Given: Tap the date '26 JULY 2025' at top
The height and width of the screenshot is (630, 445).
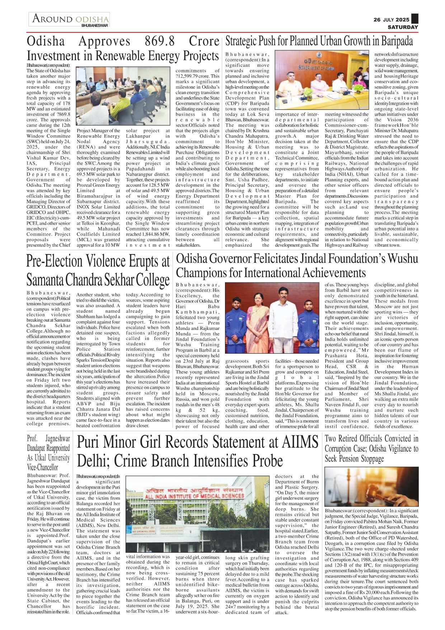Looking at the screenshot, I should point(391,20).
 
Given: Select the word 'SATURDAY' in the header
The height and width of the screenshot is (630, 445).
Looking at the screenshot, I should point(403,27).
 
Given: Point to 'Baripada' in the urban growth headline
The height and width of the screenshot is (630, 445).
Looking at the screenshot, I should point(397,41).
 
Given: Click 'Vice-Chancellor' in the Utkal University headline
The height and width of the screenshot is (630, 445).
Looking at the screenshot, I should point(42,467).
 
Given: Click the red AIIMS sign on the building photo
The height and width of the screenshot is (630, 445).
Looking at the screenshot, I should point(194,493).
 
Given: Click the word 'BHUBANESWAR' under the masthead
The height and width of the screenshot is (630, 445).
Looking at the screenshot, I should point(94,25).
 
